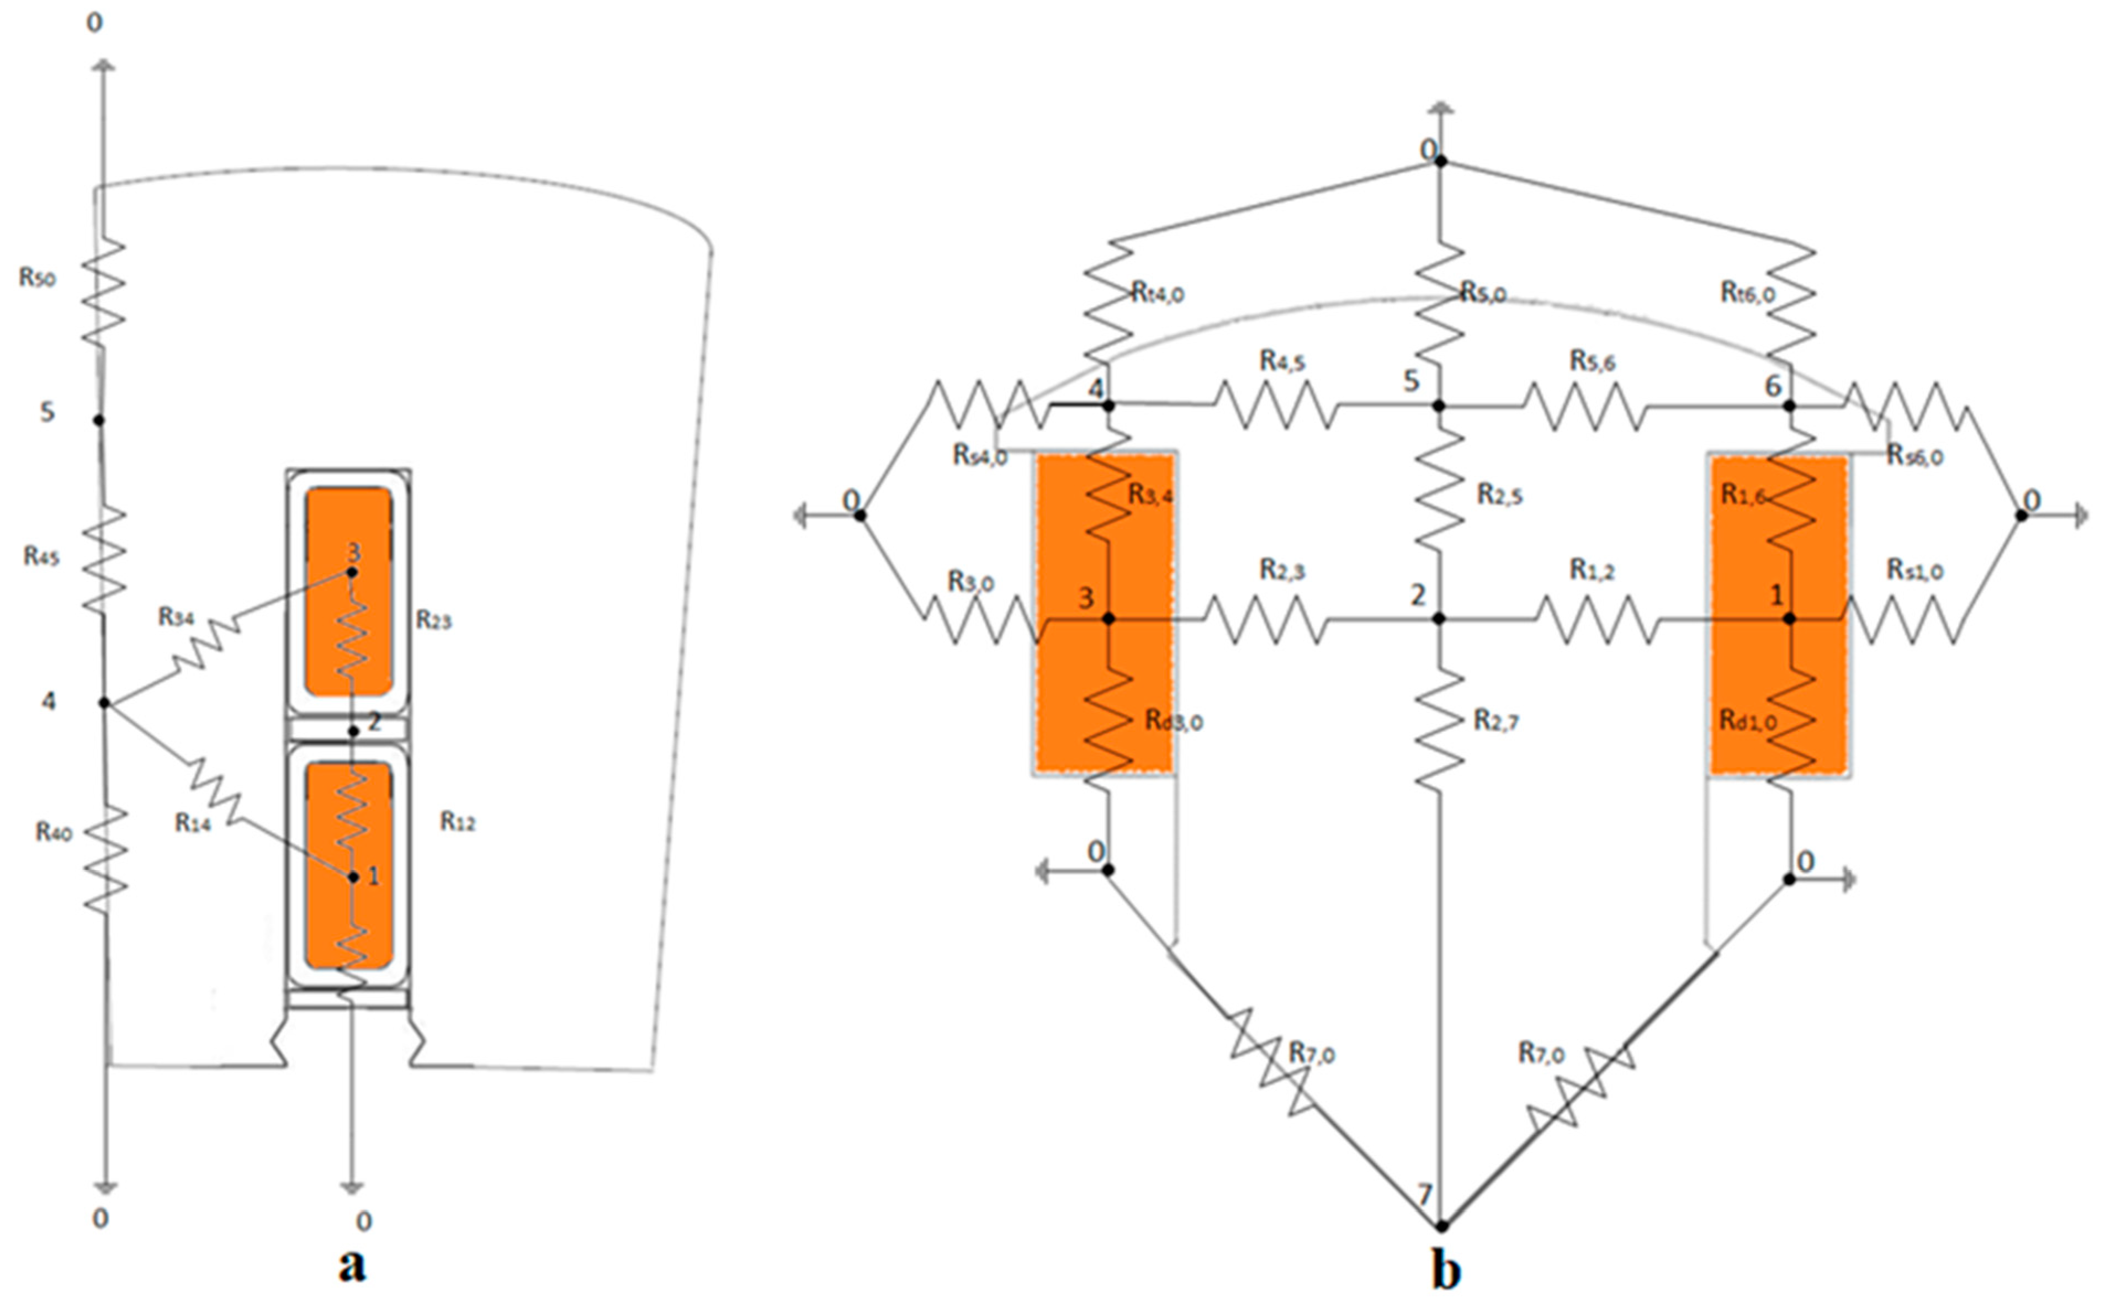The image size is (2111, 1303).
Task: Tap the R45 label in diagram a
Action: [41, 557]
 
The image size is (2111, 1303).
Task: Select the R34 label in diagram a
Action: [176, 617]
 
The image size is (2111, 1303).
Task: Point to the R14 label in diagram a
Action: [193, 823]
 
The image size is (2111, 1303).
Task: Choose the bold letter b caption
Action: [1446, 1269]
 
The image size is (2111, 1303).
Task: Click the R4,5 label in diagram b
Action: [1282, 360]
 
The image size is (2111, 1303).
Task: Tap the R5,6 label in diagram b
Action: [1591, 360]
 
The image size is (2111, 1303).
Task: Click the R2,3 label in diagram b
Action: [1282, 570]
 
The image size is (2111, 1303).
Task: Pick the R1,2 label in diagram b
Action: [1591, 570]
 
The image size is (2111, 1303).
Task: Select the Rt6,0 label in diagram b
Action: [1748, 294]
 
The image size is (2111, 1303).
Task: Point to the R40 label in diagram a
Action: [54, 832]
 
